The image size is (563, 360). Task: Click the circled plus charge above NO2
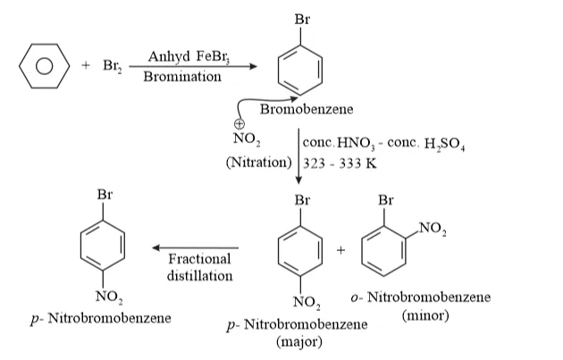click(239, 123)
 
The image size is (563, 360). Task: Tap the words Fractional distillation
click(199, 267)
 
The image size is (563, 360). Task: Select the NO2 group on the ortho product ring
click(433, 229)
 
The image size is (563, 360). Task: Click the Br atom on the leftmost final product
click(105, 195)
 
